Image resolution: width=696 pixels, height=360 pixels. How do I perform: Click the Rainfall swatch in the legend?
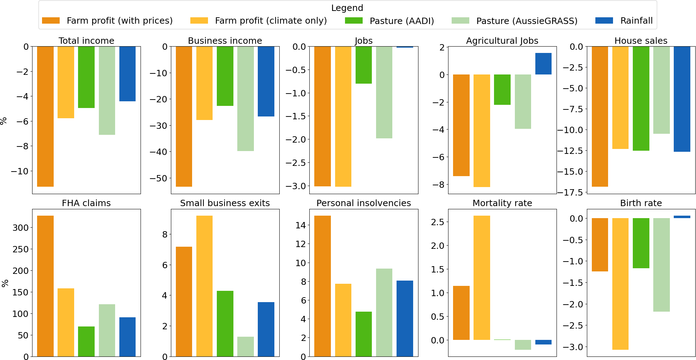pyautogui.click(x=604, y=20)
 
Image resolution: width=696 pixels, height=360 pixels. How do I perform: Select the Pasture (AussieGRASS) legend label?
pyautogui.click(x=527, y=21)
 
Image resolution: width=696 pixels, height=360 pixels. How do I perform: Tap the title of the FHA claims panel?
pyautogui.click(x=86, y=203)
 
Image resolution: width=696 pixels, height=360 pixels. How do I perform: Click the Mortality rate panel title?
pyautogui.click(x=502, y=203)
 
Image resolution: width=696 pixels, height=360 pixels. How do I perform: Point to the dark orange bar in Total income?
pyautogui.click(x=45, y=116)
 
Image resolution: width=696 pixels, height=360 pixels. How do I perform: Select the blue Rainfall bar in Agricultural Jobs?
pyautogui.click(x=543, y=64)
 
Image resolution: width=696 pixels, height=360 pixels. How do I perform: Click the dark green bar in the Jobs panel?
pyautogui.click(x=363, y=65)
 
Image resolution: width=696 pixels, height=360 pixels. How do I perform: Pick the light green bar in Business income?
pyautogui.click(x=245, y=99)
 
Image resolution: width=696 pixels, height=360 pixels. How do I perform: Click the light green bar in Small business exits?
pyautogui.click(x=245, y=347)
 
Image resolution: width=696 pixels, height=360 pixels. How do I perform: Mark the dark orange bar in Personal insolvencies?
pyautogui.click(x=322, y=286)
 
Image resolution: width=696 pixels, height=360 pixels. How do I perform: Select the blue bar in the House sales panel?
pyautogui.click(x=682, y=99)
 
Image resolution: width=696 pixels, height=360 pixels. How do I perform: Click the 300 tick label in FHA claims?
pyautogui.click(x=20, y=228)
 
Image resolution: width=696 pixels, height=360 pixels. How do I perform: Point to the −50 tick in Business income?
pyautogui.click(x=159, y=178)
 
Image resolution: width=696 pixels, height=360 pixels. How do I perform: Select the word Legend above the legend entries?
pyautogui.click(x=347, y=8)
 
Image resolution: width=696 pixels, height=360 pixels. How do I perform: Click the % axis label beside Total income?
pyautogui.click(x=4, y=121)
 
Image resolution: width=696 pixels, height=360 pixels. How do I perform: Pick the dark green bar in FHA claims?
pyautogui.click(x=86, y=341)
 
